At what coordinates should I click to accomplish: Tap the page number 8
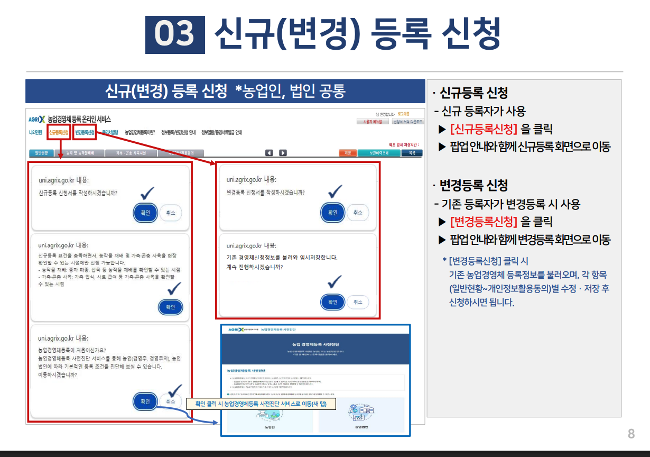coord(631,434)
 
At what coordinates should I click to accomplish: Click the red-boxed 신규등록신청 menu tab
coord(58,132)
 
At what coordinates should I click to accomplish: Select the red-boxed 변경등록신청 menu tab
coord(85,132)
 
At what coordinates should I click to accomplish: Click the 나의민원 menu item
coord(36,132)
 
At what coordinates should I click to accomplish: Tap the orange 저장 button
coord(348,153)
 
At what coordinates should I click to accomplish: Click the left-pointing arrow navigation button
coord(269,153)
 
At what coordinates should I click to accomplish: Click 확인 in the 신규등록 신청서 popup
coord(145,213)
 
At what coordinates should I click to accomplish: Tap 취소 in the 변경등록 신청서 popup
coord(358,213)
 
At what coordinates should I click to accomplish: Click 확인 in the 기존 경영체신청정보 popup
coord(332,302)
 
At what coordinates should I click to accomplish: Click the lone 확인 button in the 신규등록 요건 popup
coord(171,307)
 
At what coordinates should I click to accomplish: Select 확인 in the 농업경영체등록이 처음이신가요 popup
coord(145,401)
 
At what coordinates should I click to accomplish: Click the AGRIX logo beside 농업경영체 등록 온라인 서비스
coord(36,119)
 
